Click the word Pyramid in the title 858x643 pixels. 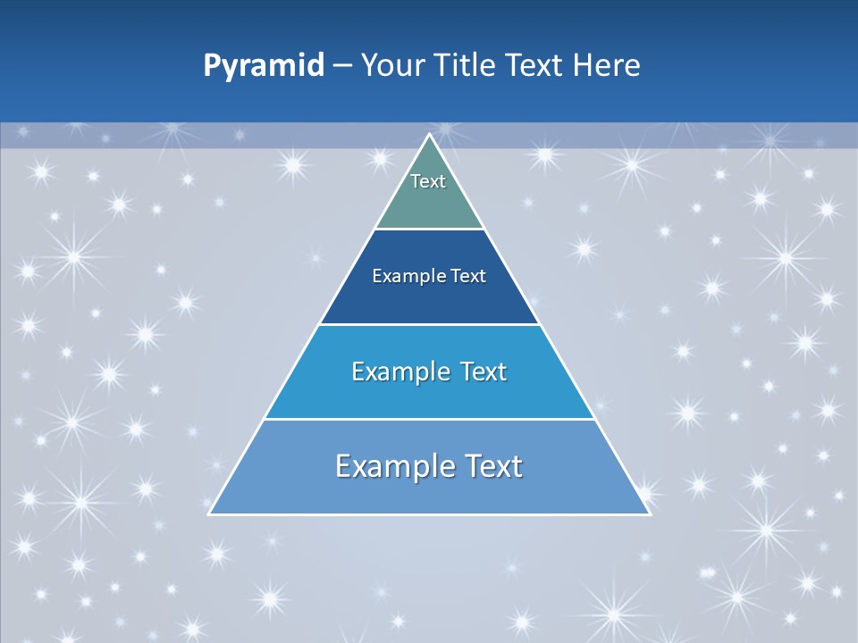coord(263,66)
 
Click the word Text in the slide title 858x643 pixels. coord(534,66)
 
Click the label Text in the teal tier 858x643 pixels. coord(428,181)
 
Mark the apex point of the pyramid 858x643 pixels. coord(429,135)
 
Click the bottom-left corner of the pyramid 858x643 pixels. coord(209,514)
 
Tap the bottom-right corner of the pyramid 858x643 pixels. coord(649,514)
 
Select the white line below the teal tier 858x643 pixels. coord(429,230)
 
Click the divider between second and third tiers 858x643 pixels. coord(429,324)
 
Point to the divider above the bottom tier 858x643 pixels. coord(429,419)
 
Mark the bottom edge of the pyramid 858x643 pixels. coord(429,514)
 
